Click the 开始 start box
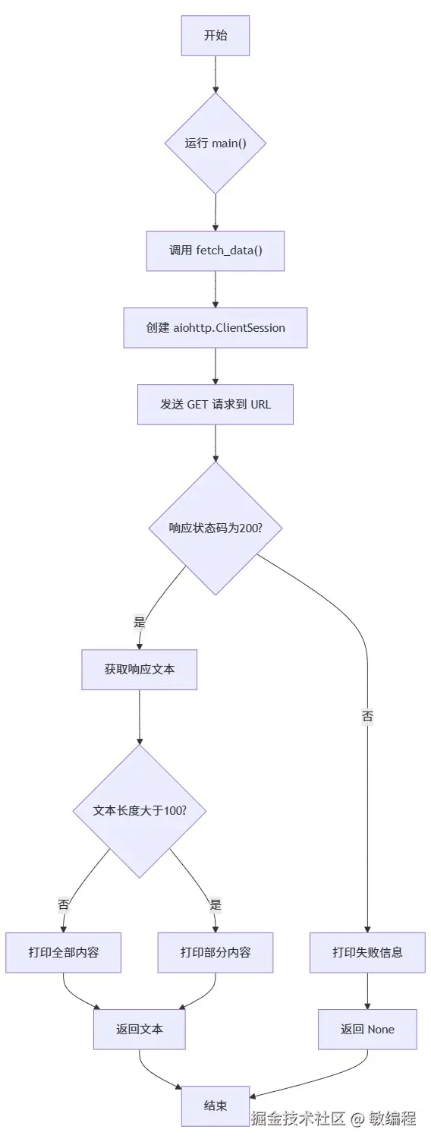coord(215,36)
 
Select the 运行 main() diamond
coord(215,144)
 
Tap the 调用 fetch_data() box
coord(215,251)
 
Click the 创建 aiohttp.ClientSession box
coord(215,328)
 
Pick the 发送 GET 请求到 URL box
coord(215,405)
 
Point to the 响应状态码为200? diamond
coord(215,528)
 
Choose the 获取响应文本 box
coord(140,670)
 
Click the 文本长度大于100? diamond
coord(140,811)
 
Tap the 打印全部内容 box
coord(64,952)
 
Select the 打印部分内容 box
coord(215,952)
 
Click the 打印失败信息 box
coord(367,952)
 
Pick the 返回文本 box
coord(140,1030)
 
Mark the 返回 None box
coord(367,1030)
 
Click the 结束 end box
coord(215,1106)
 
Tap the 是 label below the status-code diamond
coord(140,622)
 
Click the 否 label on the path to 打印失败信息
coord(367,716)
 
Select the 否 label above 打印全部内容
coord(64,904)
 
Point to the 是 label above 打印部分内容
coord(215,904)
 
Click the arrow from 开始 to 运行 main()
coord(215,74)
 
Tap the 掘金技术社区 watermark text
coord(298,1118)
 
